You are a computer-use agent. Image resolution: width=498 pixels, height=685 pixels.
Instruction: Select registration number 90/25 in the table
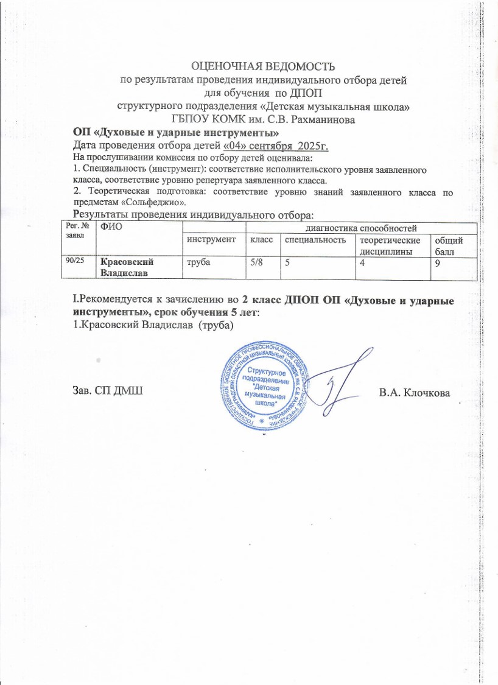pyautogui.click(x=76, y=261)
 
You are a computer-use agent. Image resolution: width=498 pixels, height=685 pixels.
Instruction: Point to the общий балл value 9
pyautogui.click(x=437, y=261)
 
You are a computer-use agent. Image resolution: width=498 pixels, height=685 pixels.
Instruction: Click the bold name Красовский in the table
pyautogui.click(x=125, y=261)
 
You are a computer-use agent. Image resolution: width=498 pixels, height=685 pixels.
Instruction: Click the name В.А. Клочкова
pyautogui.click(x=414, y=392)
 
